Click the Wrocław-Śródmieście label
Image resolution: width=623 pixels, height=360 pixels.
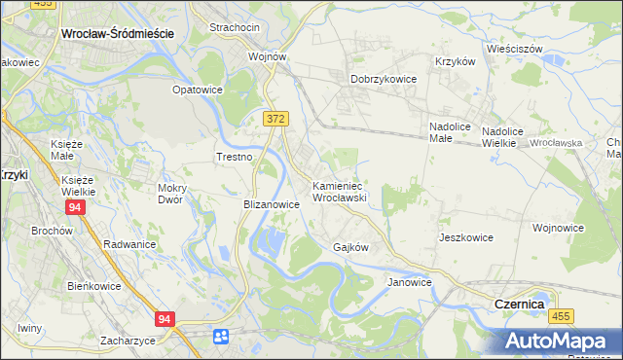coord(117,32)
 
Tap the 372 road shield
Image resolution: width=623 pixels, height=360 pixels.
coord(275,118)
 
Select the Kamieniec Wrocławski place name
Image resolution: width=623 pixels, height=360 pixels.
coord(338,191)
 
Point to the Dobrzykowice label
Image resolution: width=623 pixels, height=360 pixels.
coord(384,80)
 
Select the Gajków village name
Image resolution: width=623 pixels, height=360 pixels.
coord(350,247)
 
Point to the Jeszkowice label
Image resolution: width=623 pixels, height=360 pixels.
coord(465,237)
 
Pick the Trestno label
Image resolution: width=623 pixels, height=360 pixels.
coord(234,157)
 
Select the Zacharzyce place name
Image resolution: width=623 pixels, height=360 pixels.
coord(128,341)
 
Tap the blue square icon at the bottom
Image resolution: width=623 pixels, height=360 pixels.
coord(221,336)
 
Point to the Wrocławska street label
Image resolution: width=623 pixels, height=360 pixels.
coord(557,143)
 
